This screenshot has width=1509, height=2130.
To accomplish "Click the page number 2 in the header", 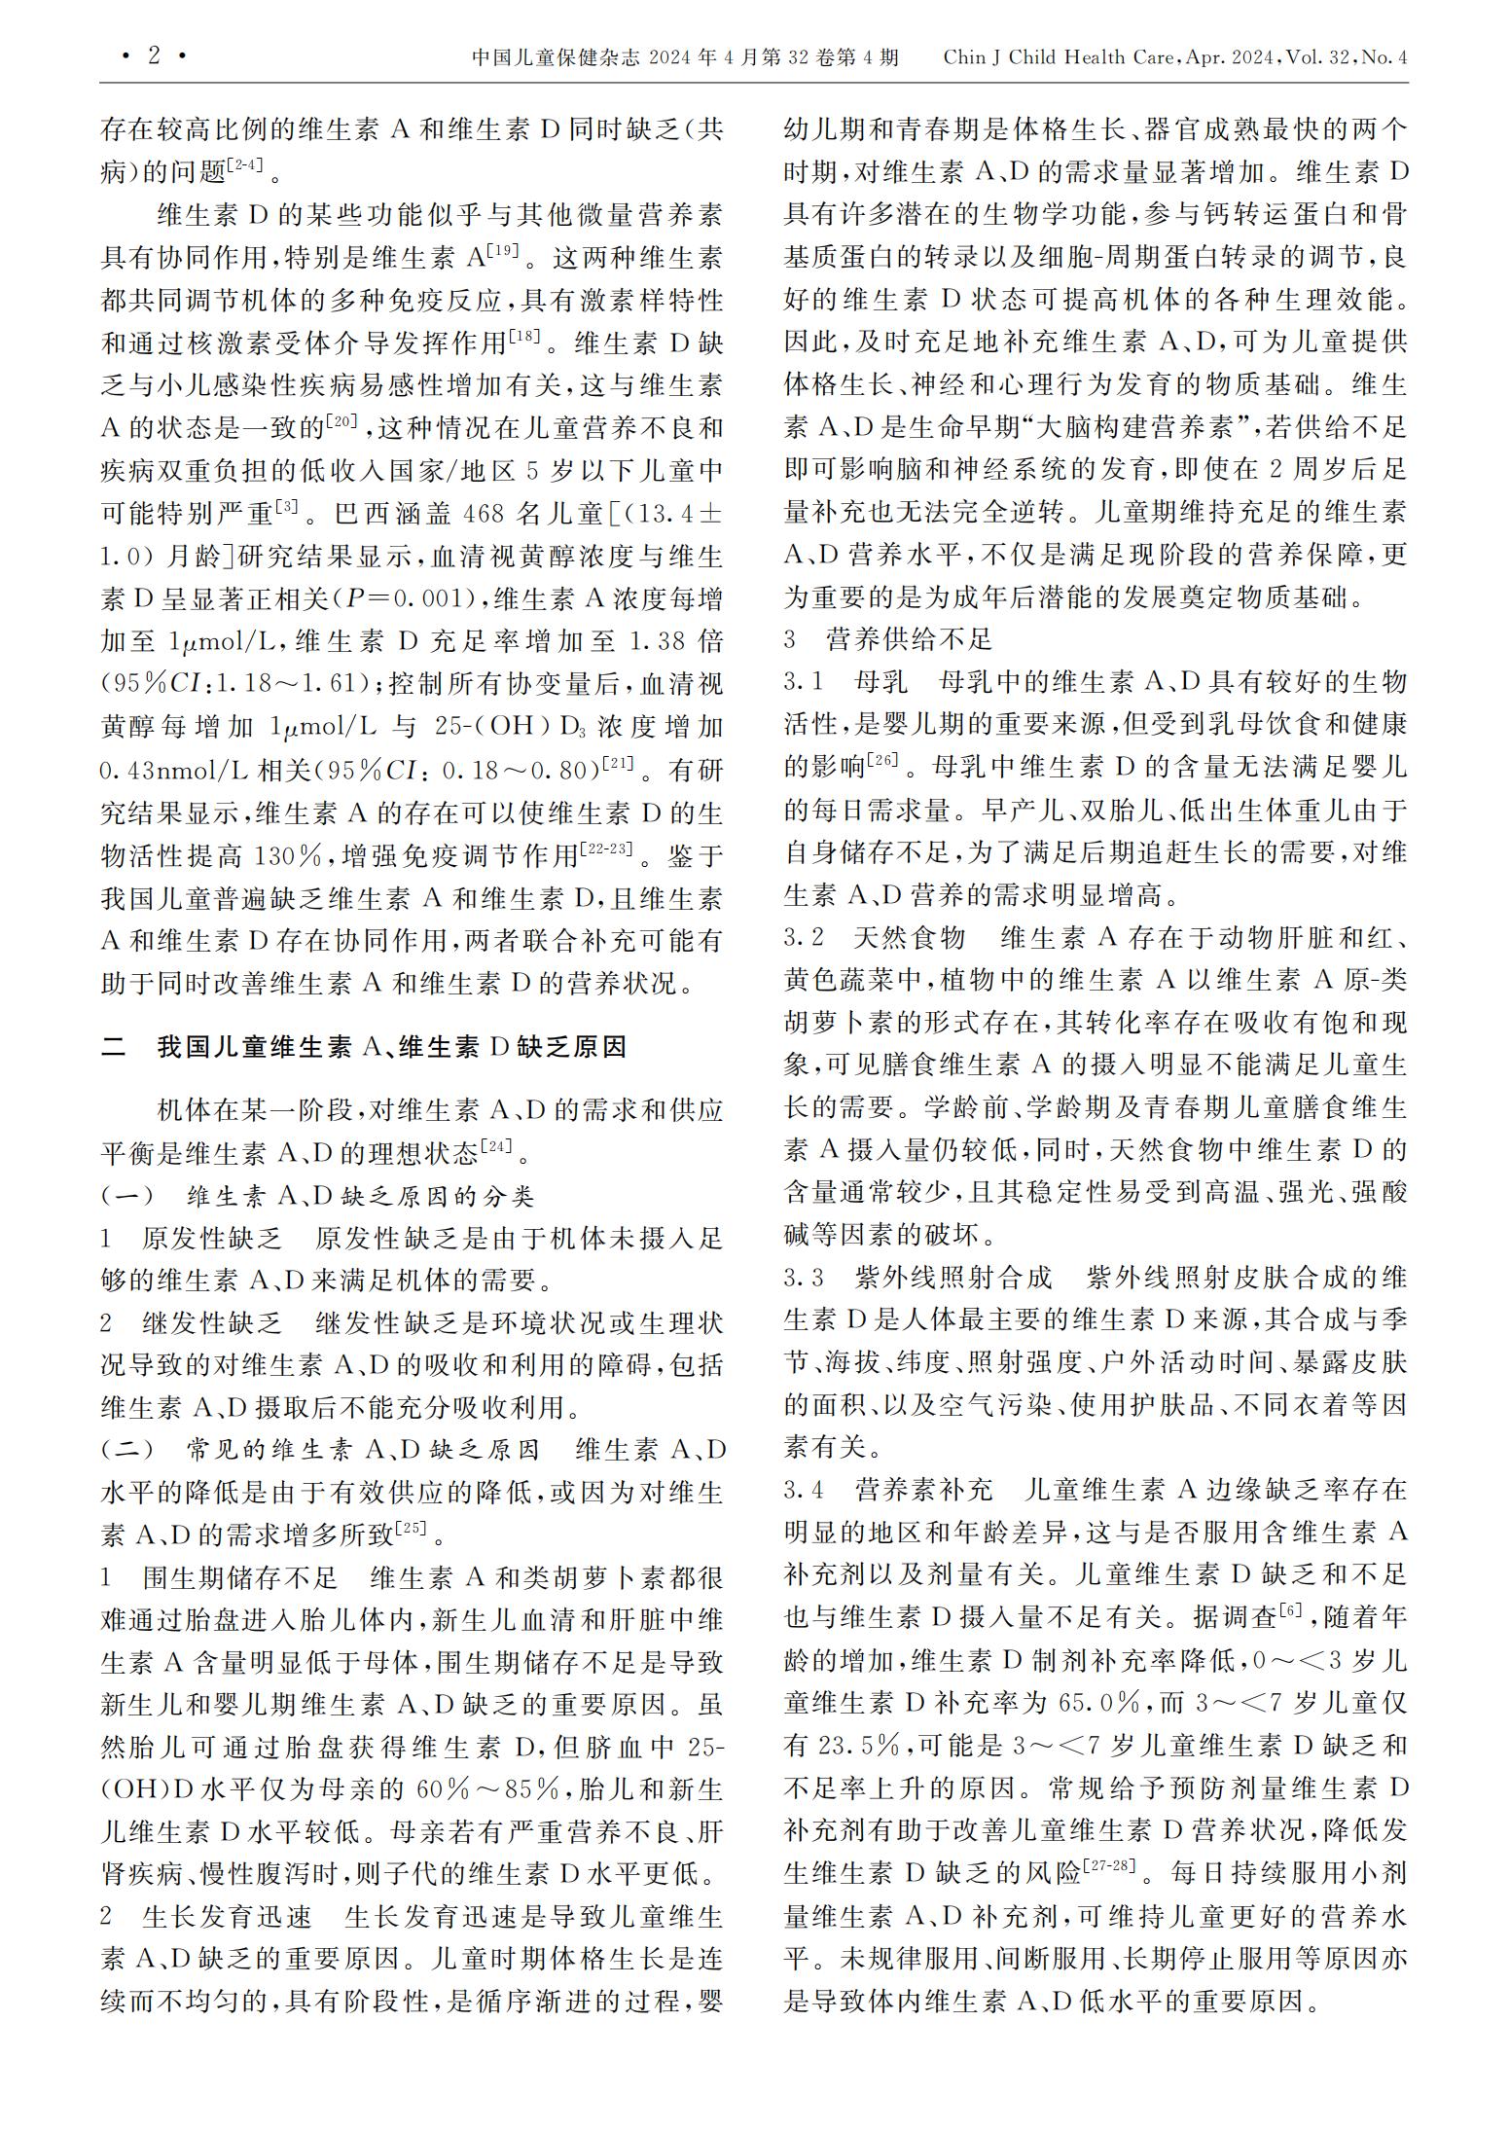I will [x=154, y=56].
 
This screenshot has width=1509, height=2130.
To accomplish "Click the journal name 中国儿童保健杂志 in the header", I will [x=556, y=57].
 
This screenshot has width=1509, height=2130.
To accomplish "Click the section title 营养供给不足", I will [x=909, y=639].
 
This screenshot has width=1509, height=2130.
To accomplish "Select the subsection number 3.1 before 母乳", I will [x=804, y=682].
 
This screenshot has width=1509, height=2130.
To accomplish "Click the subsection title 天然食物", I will [x=909, y=938].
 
